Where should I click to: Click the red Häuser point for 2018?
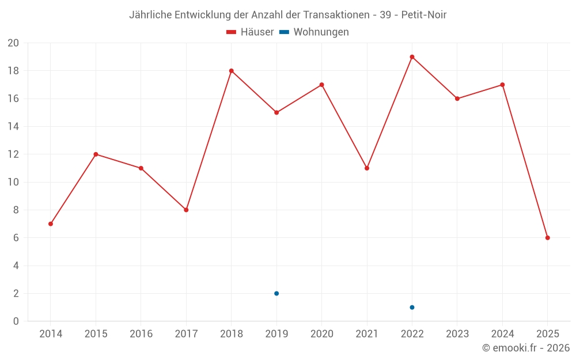pos(231,71)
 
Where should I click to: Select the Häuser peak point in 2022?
pos(412,57)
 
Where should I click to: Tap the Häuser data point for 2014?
pos(51,224)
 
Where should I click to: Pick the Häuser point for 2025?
pos(547,238)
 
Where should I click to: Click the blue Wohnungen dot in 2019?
pos(276,294)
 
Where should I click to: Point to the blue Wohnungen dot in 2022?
pos(412,308)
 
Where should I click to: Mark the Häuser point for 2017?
pos(186,210)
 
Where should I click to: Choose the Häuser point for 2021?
pos(367,168)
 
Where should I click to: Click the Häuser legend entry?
pos(250,32)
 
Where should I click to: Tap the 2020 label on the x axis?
pos(321,334)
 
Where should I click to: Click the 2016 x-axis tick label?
pos(141,334)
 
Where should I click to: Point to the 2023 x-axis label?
pos(457,334)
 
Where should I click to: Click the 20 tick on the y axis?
pos(13,43)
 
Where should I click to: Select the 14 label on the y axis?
pos(13,127)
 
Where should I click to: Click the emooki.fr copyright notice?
pos(526,348)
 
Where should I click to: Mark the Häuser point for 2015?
pos(96,154)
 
